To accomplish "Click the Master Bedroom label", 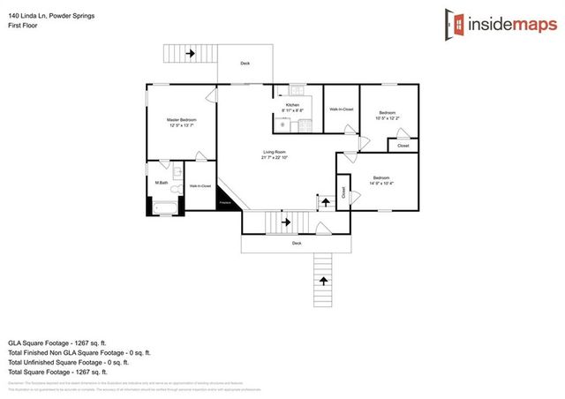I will point(183,119).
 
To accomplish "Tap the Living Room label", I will point(275,153).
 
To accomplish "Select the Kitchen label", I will point(292,105).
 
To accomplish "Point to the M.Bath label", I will point(162,183).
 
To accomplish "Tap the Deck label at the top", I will point(245,63).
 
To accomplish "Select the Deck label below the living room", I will point(297,243).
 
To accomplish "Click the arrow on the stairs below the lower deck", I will point(322,280).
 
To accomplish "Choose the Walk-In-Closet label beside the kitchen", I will point(342,109).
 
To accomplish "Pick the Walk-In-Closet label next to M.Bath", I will point(200,186).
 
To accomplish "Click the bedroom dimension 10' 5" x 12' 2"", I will point(387,117).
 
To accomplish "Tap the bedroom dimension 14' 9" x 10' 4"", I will point(380,184).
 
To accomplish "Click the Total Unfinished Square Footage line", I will point(69,362).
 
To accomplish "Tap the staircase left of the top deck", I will point(191,54).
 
